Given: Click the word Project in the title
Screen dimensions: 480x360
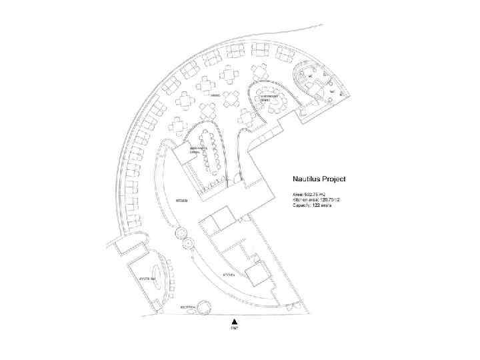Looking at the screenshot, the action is (x=342, y=179).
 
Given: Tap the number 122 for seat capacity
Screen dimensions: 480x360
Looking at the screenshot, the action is (x=317, y=205).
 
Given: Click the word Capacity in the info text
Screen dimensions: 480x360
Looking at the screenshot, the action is (x=301, y=205).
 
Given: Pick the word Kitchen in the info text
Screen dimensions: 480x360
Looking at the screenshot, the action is (x=301, y=199).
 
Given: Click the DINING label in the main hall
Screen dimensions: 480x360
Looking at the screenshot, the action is (x=215, y=96).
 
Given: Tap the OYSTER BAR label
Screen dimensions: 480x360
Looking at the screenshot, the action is (x=147, y=277).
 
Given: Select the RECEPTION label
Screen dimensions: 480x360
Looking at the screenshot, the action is (x=188, y=307).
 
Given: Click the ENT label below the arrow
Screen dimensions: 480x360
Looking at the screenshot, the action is (x=235, y=329).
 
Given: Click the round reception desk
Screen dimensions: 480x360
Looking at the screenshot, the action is (x=205, y=306).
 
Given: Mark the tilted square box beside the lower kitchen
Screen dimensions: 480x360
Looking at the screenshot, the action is (x=256, y=273).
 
